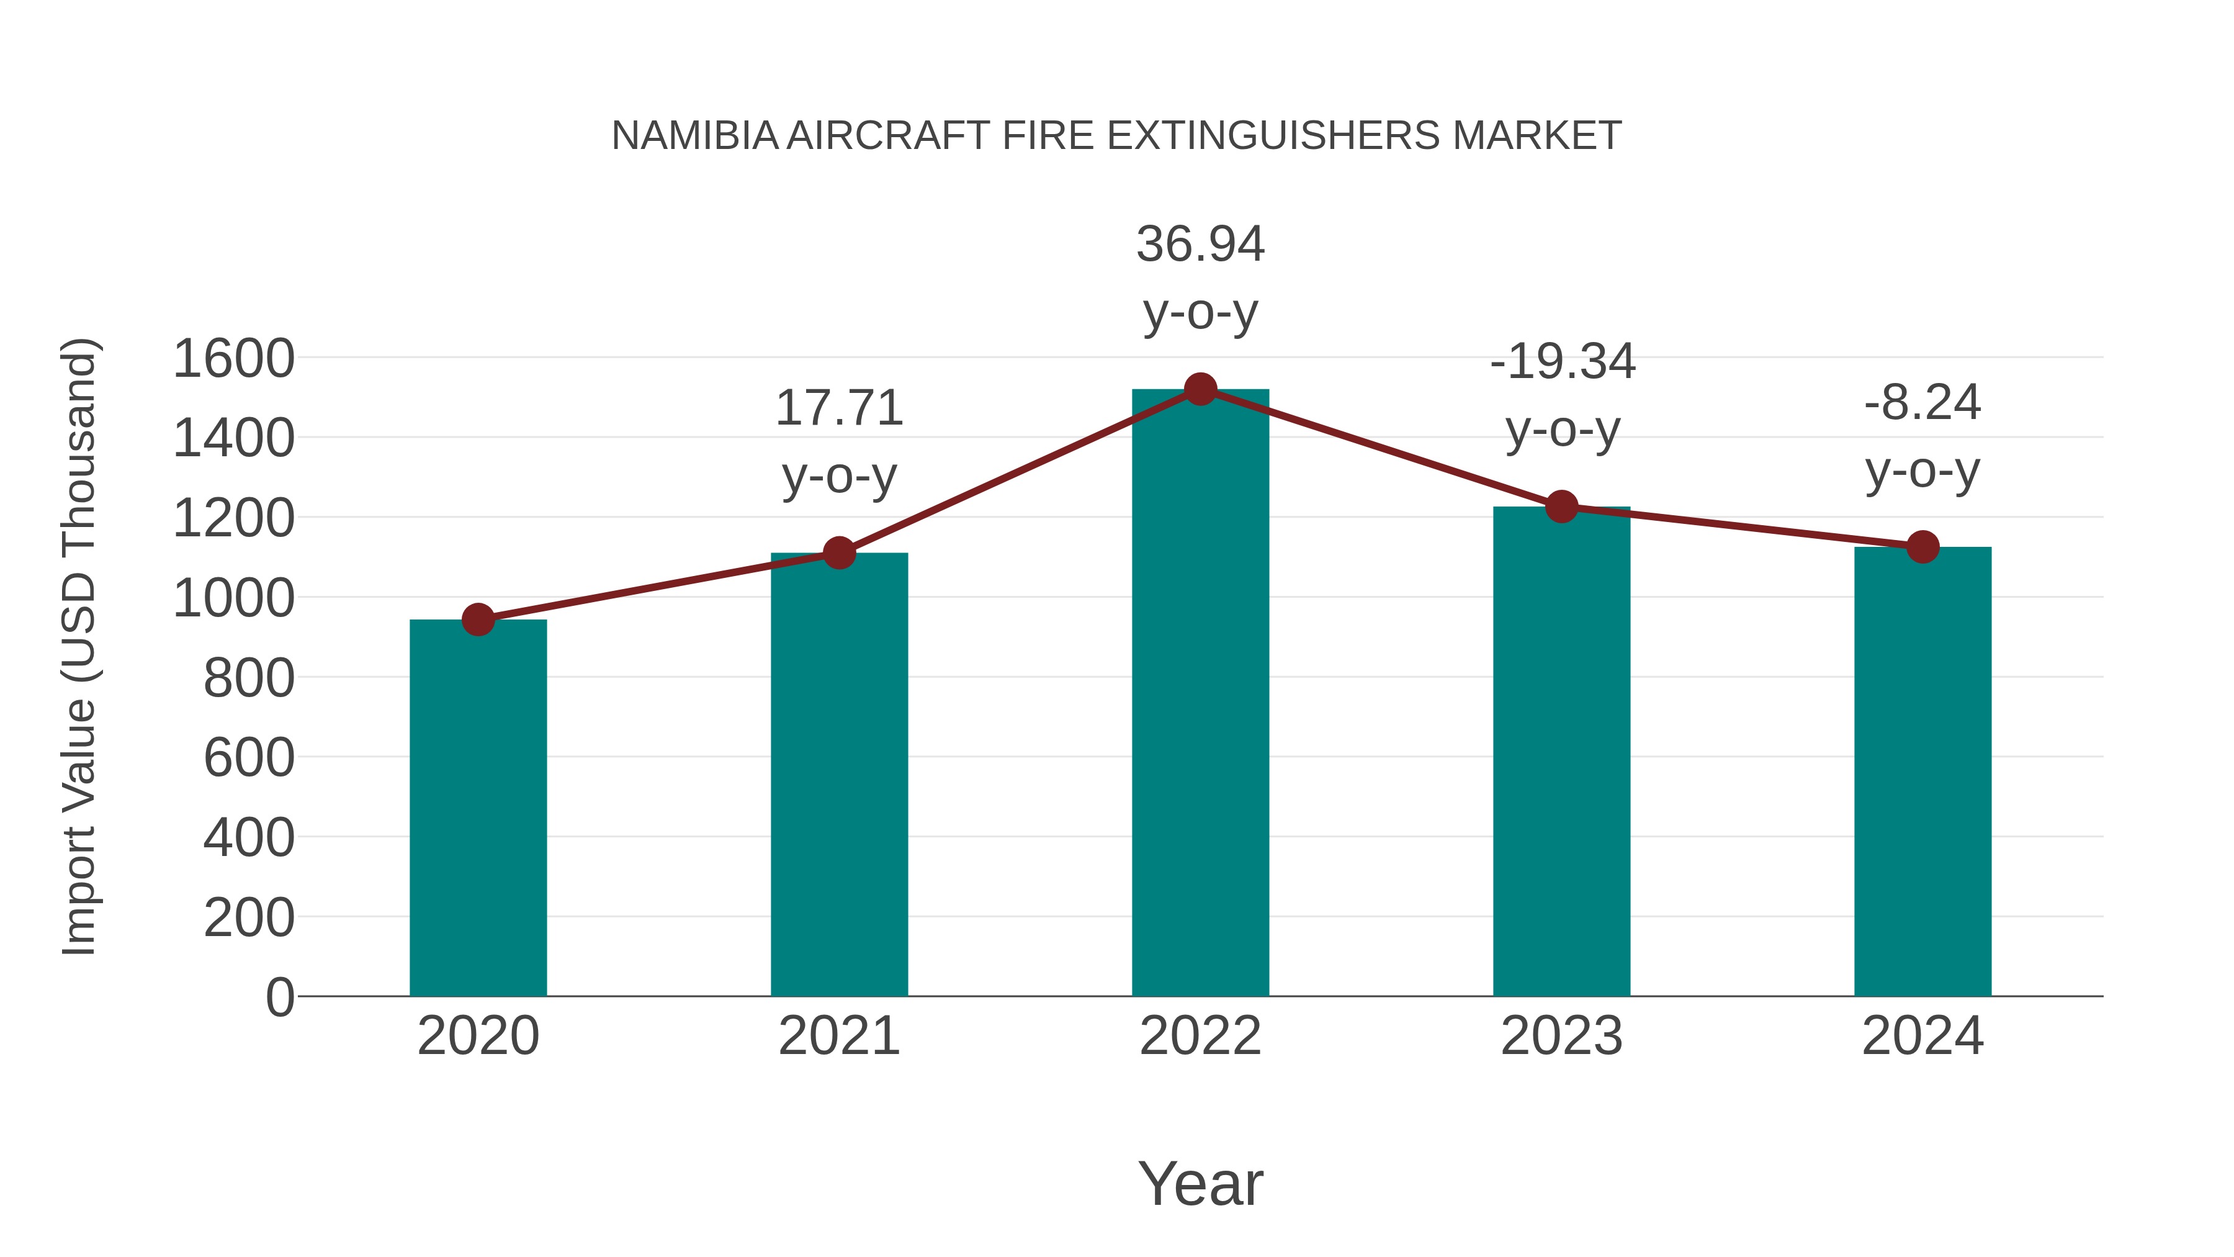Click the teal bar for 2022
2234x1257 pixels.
1200,694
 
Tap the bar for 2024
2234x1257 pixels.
1922,772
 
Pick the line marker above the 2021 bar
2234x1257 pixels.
838,552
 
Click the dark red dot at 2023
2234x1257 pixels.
1561,507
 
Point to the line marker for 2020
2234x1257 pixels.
478,619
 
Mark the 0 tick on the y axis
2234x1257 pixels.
279,997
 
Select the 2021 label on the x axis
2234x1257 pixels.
838,1036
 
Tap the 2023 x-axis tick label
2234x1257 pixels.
1561,1036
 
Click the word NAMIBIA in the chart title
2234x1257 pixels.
694,136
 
